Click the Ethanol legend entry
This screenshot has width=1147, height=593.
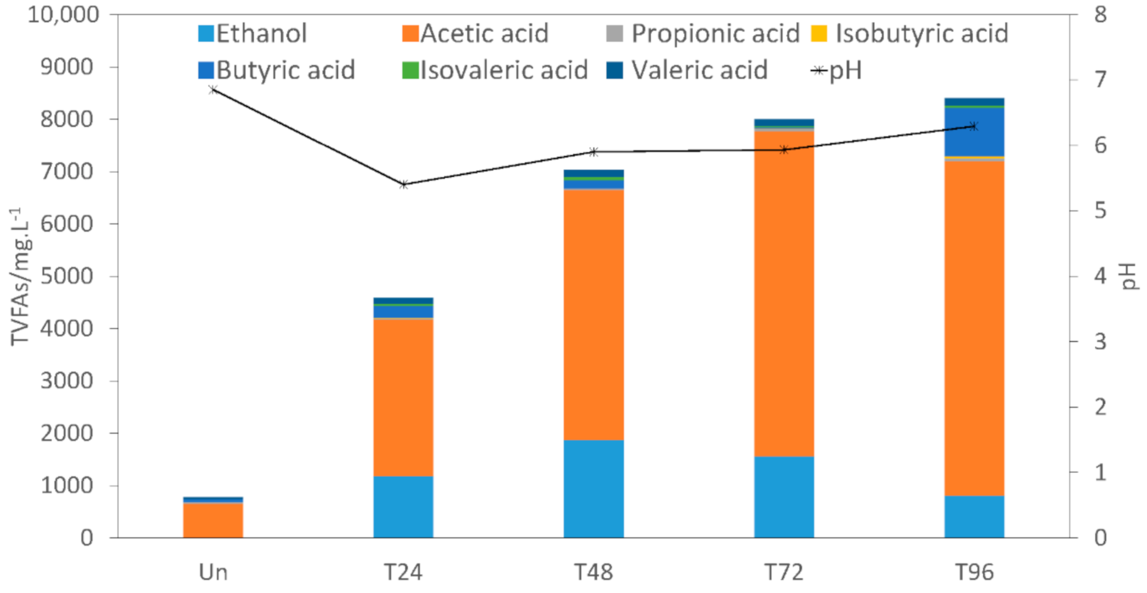click(253, 34)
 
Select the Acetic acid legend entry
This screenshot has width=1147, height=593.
click(476, 34)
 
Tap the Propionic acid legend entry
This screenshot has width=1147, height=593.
click(703, 34)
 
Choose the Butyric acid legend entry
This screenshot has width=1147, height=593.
click(276, 70)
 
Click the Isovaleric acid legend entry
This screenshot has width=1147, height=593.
click(495, 70)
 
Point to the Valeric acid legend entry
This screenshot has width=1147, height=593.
click(687, 70)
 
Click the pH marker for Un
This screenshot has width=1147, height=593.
click(213, 90)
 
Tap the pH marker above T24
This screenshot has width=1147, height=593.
click(404, 184)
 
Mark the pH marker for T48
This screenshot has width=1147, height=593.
click(594, 152)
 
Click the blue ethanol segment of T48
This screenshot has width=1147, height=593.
click(594, 489)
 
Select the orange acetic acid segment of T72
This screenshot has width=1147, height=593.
click(784, 293)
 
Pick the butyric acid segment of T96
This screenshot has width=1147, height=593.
click(974, 132)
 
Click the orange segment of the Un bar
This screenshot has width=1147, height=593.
click(213, 521)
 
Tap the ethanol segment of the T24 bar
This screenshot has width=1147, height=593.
click(403, 507)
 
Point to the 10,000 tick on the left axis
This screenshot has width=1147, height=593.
click(63, 15)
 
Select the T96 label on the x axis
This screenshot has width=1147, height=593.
click(974, 572)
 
